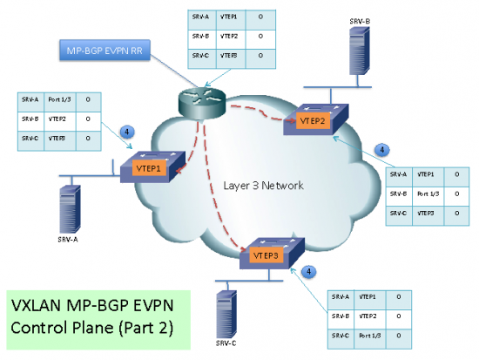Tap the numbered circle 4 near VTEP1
(127, 132)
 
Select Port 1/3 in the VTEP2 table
(428, 193)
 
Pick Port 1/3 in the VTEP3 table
(366, 335)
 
